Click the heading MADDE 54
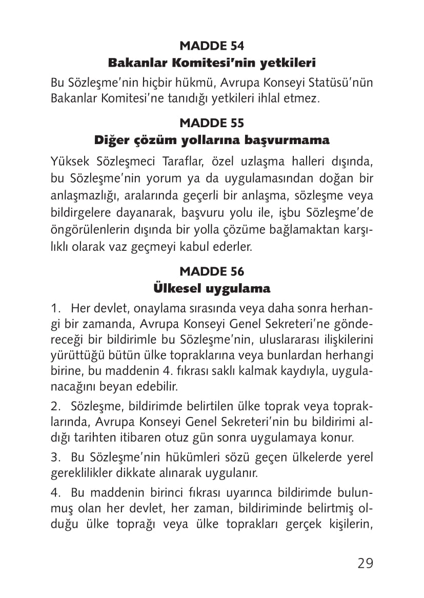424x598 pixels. tap(212, 46)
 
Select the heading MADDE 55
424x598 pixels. tap(212, 123)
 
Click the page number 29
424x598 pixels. tap(365, 563)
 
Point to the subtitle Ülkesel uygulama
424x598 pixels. tap(212, 288)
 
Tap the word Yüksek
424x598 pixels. tap(70, 163)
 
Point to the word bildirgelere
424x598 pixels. tap(78, 212)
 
